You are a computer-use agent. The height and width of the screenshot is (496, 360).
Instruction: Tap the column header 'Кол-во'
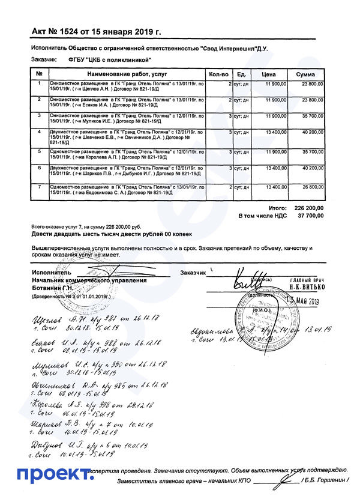218,74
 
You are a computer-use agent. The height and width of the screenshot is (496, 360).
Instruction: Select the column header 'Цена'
269,74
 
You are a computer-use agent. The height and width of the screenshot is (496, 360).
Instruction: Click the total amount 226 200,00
308,207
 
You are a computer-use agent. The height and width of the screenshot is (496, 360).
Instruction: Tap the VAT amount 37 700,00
311,215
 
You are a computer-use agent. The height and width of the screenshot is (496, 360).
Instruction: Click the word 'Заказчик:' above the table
44,59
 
